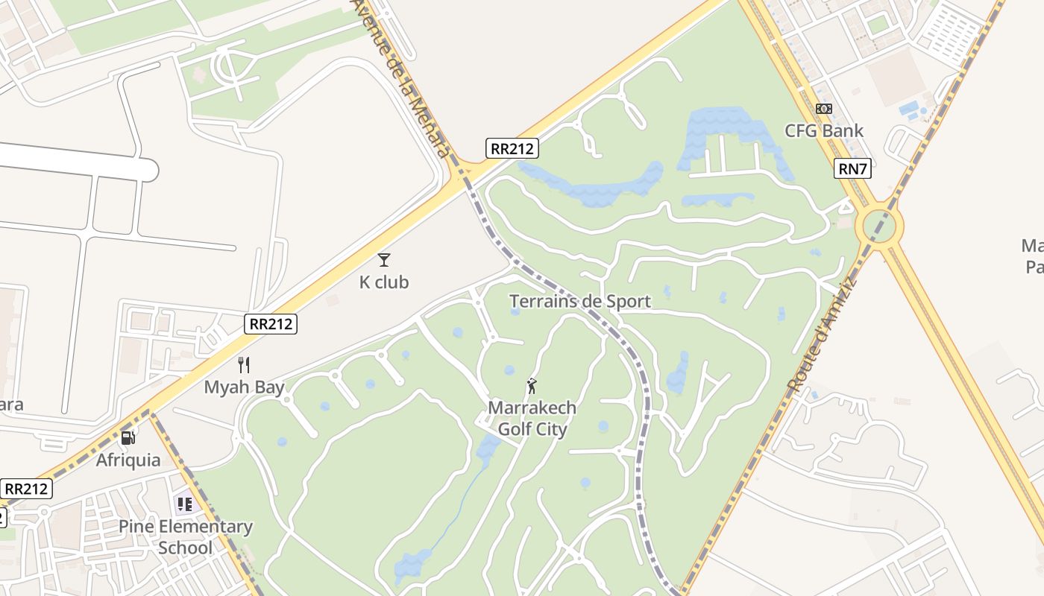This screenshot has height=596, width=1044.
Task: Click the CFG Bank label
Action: click(823, 131)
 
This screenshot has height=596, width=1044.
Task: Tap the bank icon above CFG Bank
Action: click(823, 109)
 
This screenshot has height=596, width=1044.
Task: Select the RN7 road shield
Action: click(853, 169)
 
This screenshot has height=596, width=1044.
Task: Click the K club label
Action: click(384, 282)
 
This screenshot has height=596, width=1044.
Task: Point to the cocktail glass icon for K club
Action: click(384, 260)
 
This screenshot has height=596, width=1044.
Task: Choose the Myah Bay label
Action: click(245, 387)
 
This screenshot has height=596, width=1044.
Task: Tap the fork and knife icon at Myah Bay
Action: click(244, 365)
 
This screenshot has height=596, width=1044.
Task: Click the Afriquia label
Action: click(128, 460)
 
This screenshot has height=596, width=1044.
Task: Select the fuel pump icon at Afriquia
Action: click(128, 438)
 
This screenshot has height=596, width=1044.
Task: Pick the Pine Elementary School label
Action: click(186, 537)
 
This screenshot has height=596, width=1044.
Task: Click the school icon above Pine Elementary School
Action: click(185, 504)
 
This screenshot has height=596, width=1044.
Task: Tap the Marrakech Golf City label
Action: click(532, 419)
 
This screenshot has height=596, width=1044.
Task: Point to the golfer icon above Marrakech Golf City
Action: click(532, 386)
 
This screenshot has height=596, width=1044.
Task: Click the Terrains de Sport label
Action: click(580, 302)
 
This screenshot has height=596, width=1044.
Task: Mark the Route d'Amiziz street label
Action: click(823, 332)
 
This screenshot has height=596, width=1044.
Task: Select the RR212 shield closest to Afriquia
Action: click(26, 489)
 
